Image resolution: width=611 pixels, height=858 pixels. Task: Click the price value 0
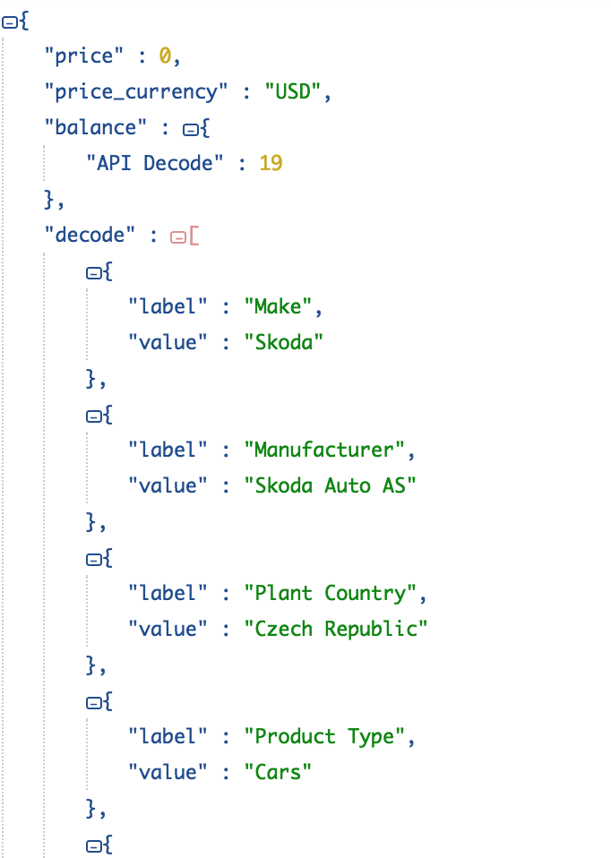pyautogui.click(x=165, y=56)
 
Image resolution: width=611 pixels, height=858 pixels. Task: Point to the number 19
pyautogui.click(x=271, y=164)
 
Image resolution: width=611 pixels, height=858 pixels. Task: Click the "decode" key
pyautogui.click(x=90, y=236)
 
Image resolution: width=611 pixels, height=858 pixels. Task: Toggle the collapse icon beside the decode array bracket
pyautogui.click(x=177, y=237)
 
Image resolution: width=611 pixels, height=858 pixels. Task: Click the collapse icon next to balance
pyautogui.click(x=189, y=130)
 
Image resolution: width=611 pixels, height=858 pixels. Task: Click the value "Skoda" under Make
pyautogui.click(x=283, y=343)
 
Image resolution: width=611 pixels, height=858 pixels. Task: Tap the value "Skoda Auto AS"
pyautogui.click(x=330, y=486)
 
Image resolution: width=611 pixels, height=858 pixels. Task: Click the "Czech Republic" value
pyautogui.click(x=335, y=630)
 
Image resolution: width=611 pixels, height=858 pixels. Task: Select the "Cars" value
pyautogui.click(x=278, y=773)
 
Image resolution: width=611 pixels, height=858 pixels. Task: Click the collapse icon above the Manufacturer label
pyautogui.click(x=92, y=416)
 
